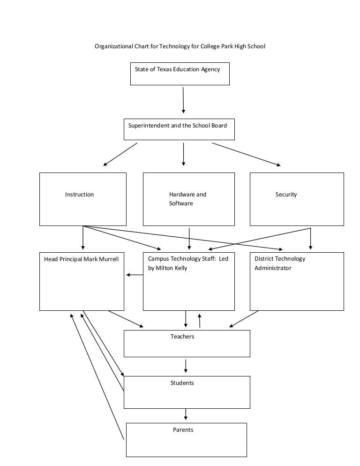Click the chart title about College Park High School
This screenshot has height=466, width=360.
pyautogui.click(x=180, y=46)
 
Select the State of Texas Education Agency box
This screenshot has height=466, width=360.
pyautogui.click(x=180, y=74)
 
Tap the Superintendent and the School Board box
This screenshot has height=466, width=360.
pyautogui.click(x=179, y=129)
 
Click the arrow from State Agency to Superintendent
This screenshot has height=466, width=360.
pyautogui.click(x=183, y=100)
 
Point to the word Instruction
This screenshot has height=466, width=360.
pyautogui.click(x=79, y=195)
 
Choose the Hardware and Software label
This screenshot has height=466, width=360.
pyautogui.click(x=187, y=199)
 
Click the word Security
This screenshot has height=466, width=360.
pyautogui.click(x=286, y=195)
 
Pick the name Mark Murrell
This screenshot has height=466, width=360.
pyautogui.click(x=101, y=259)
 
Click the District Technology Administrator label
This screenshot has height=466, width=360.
pyautogui.click(x=279, y=263)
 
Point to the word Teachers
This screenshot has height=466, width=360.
pyautogui.click(x=182, y=337)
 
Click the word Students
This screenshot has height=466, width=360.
pyautogui.click(x=182, y=383)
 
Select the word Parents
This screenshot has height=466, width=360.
pyautogui.click(x=183, y=430)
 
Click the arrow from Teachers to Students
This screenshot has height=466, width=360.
pyautogui.click(x=186, y=366)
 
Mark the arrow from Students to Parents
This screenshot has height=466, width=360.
pyautogui.click(x=186, y=414)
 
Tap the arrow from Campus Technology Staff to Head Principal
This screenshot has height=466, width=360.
pyautogui.click(x=135, y=275)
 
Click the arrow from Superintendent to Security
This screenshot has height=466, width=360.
pyautogui.click(x=246, y=154)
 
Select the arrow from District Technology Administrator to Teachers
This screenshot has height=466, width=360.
pyautogui.click(x=244, y=319)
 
